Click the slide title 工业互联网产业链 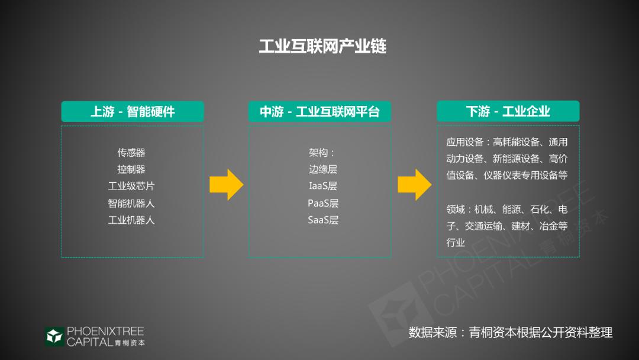[x=322, y=47]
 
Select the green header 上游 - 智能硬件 [x=133, y=111]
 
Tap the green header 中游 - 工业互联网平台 [x=319, y=111]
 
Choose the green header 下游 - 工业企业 [x=508, y=111]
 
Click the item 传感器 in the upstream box [x=131, y=153]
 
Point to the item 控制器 [x=131, y=169]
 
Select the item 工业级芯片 [x=131, y=186]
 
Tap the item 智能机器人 [x=131, y=203]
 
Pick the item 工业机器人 [x=131, y=220]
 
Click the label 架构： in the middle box [x=322, y=153]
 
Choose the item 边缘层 [x=323, y=169]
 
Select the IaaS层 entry [x=323, y=186]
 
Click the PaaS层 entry [x=323, y=203]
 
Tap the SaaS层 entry [x=323, y=220]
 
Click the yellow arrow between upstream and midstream [x=227, y=185]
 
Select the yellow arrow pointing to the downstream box [x=414, y=185]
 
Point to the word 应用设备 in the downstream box [x=465, y=142]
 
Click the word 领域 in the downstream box [x=456, y=210]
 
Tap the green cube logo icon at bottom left [x=54, y=336]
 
